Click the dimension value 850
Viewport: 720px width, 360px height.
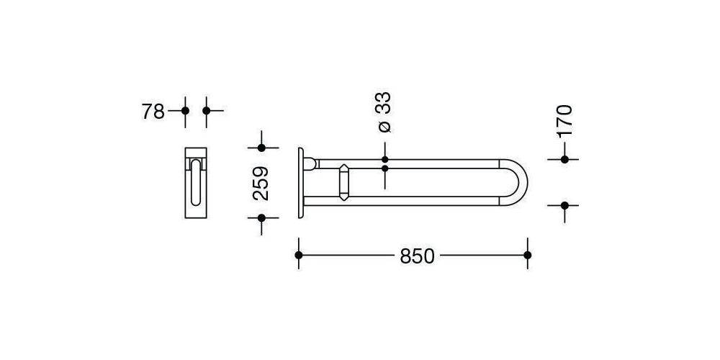(418, 256)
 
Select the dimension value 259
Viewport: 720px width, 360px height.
(261, 183)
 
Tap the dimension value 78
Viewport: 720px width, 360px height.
(153, 111)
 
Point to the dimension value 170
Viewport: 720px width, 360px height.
(564, 120)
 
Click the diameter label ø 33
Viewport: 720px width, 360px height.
(384, 112)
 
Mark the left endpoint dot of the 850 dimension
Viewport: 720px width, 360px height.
(299, 255)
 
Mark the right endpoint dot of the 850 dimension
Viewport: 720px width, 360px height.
(528, 255)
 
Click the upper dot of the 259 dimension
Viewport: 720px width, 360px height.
(261, 148)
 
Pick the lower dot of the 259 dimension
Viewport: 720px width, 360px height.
(261, 217)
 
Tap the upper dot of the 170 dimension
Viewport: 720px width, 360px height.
(564, 159)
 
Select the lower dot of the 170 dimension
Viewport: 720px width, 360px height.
(564, 205)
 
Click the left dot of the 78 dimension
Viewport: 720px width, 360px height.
(185, 111)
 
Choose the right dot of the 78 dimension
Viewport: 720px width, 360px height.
(207, 111)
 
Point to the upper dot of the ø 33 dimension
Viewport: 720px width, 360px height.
(384, 159)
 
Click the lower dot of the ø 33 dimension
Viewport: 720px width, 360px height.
(384, 168)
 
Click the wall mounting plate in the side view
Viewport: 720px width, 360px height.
(300, 183)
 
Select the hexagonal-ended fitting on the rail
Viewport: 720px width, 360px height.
(344, 183)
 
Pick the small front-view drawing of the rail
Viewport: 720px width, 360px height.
(196, 183)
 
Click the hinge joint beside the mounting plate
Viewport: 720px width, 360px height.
(310, 163)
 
